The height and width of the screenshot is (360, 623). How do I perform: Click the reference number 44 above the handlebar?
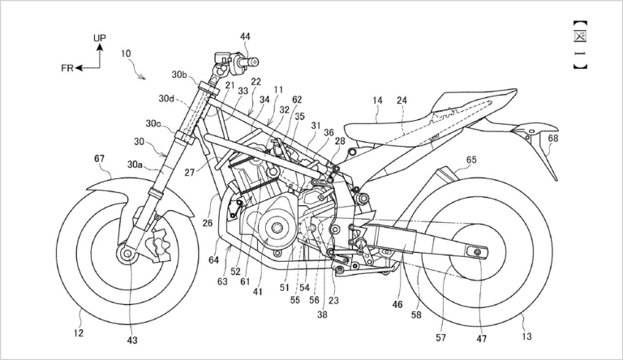point(245,36)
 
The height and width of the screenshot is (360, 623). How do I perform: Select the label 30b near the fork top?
point(179,75)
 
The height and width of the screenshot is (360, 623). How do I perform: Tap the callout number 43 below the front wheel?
point(132,340)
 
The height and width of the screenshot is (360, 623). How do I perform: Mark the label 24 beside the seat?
point(403,101)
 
